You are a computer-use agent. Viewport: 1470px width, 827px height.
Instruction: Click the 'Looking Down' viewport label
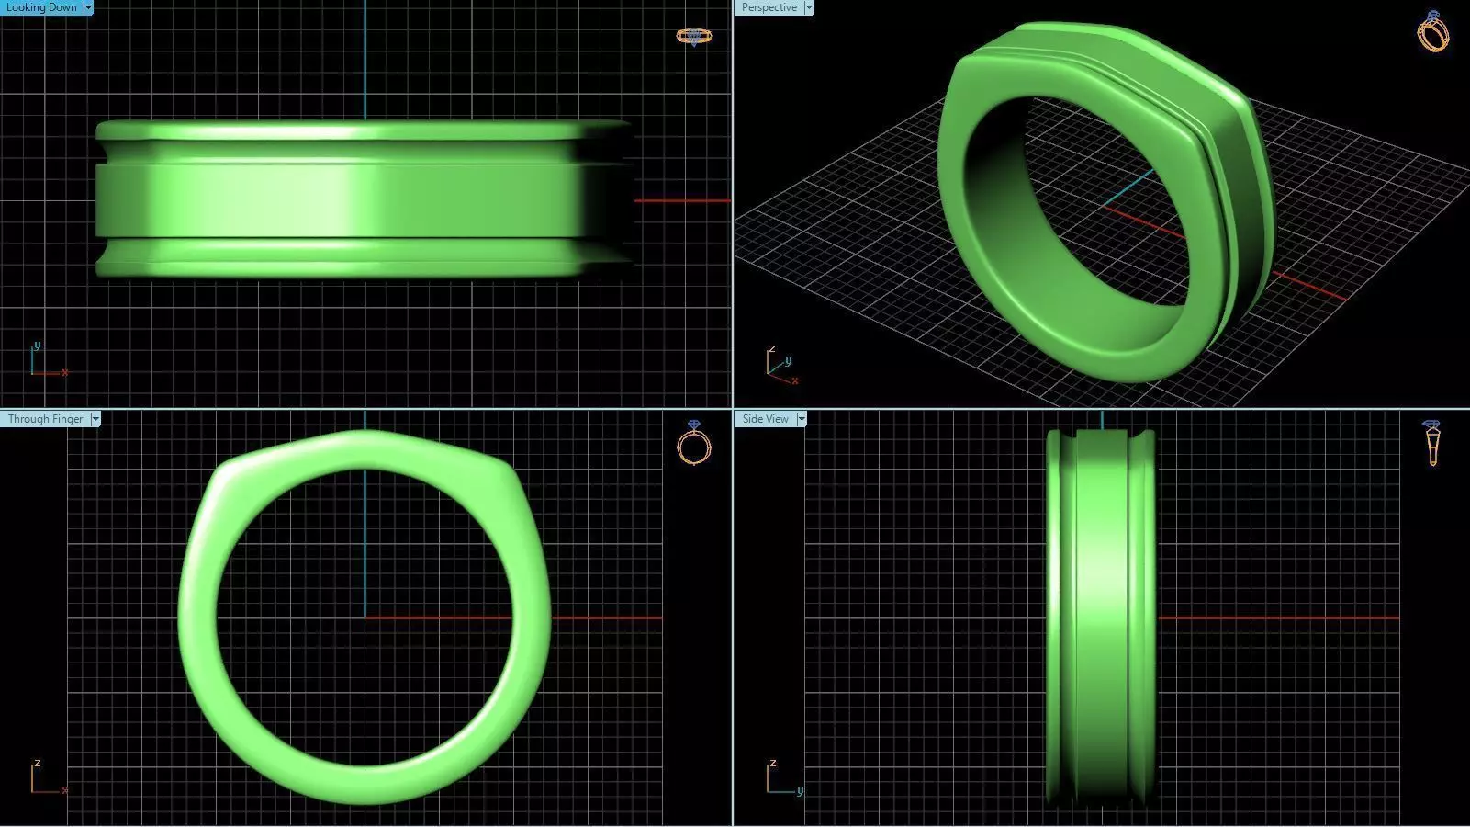point(41,7)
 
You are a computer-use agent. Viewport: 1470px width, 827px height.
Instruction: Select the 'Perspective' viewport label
point(769,7)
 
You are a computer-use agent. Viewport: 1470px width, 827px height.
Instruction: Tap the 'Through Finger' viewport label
point(45,419)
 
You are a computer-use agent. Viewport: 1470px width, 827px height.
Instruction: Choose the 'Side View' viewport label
point(765,419)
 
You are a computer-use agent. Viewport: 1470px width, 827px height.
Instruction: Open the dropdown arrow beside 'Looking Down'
point(88,7)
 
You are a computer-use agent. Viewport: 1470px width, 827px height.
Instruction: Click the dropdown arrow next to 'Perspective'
point(809,7)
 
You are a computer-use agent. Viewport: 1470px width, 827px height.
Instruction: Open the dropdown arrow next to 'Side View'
point(802,419)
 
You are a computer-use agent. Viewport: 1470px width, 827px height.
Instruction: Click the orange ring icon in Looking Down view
point(693,37)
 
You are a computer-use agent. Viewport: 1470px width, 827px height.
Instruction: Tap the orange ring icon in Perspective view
point(1432,32)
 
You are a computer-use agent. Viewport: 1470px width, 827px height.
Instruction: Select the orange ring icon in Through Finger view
point(693,443)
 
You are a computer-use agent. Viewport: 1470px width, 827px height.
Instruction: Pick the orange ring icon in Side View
point(1431,442)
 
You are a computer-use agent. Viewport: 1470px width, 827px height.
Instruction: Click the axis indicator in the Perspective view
point(780,367)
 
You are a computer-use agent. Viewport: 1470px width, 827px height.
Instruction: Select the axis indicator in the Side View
point(781,778)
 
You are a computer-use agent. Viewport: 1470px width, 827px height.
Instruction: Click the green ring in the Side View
point(1100,616)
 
